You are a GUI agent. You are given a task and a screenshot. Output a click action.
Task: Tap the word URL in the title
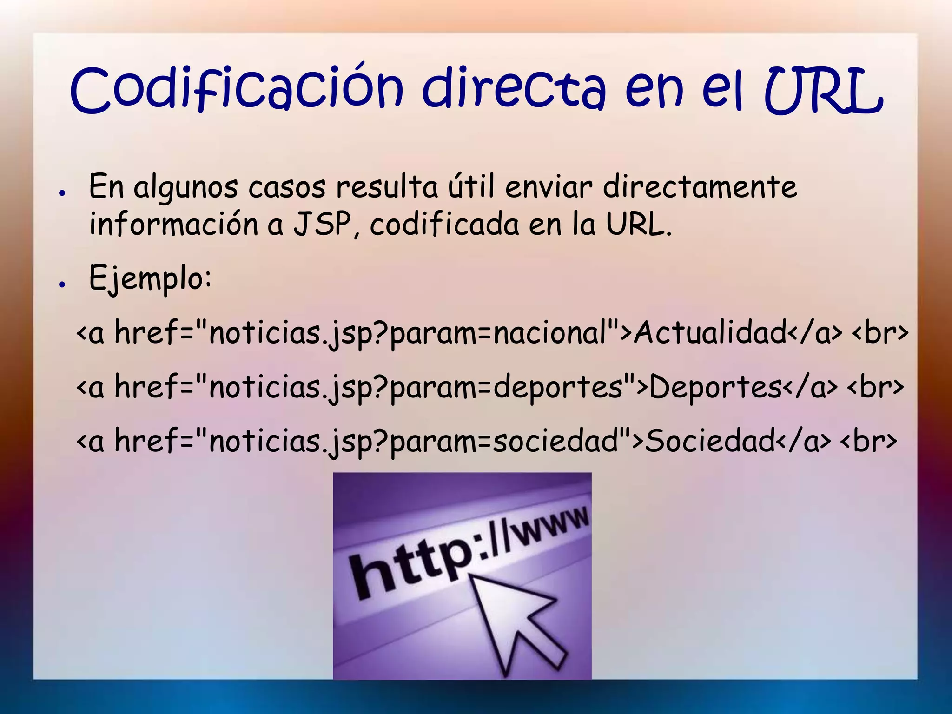point(823,91)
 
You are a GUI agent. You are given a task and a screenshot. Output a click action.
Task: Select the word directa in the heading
point(514,89)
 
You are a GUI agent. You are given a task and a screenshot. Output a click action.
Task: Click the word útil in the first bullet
point(470,187)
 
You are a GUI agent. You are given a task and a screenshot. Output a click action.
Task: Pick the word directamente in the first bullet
point(700,187)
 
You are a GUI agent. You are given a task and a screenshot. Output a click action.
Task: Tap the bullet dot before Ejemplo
point(61,284)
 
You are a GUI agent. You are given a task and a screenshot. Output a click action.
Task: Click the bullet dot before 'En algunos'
point(61,193)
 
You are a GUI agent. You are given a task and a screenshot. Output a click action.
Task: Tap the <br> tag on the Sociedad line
point(869,441)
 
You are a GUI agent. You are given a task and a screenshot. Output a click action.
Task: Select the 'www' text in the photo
point(551,528)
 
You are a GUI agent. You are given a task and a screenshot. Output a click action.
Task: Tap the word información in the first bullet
point(173,225)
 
